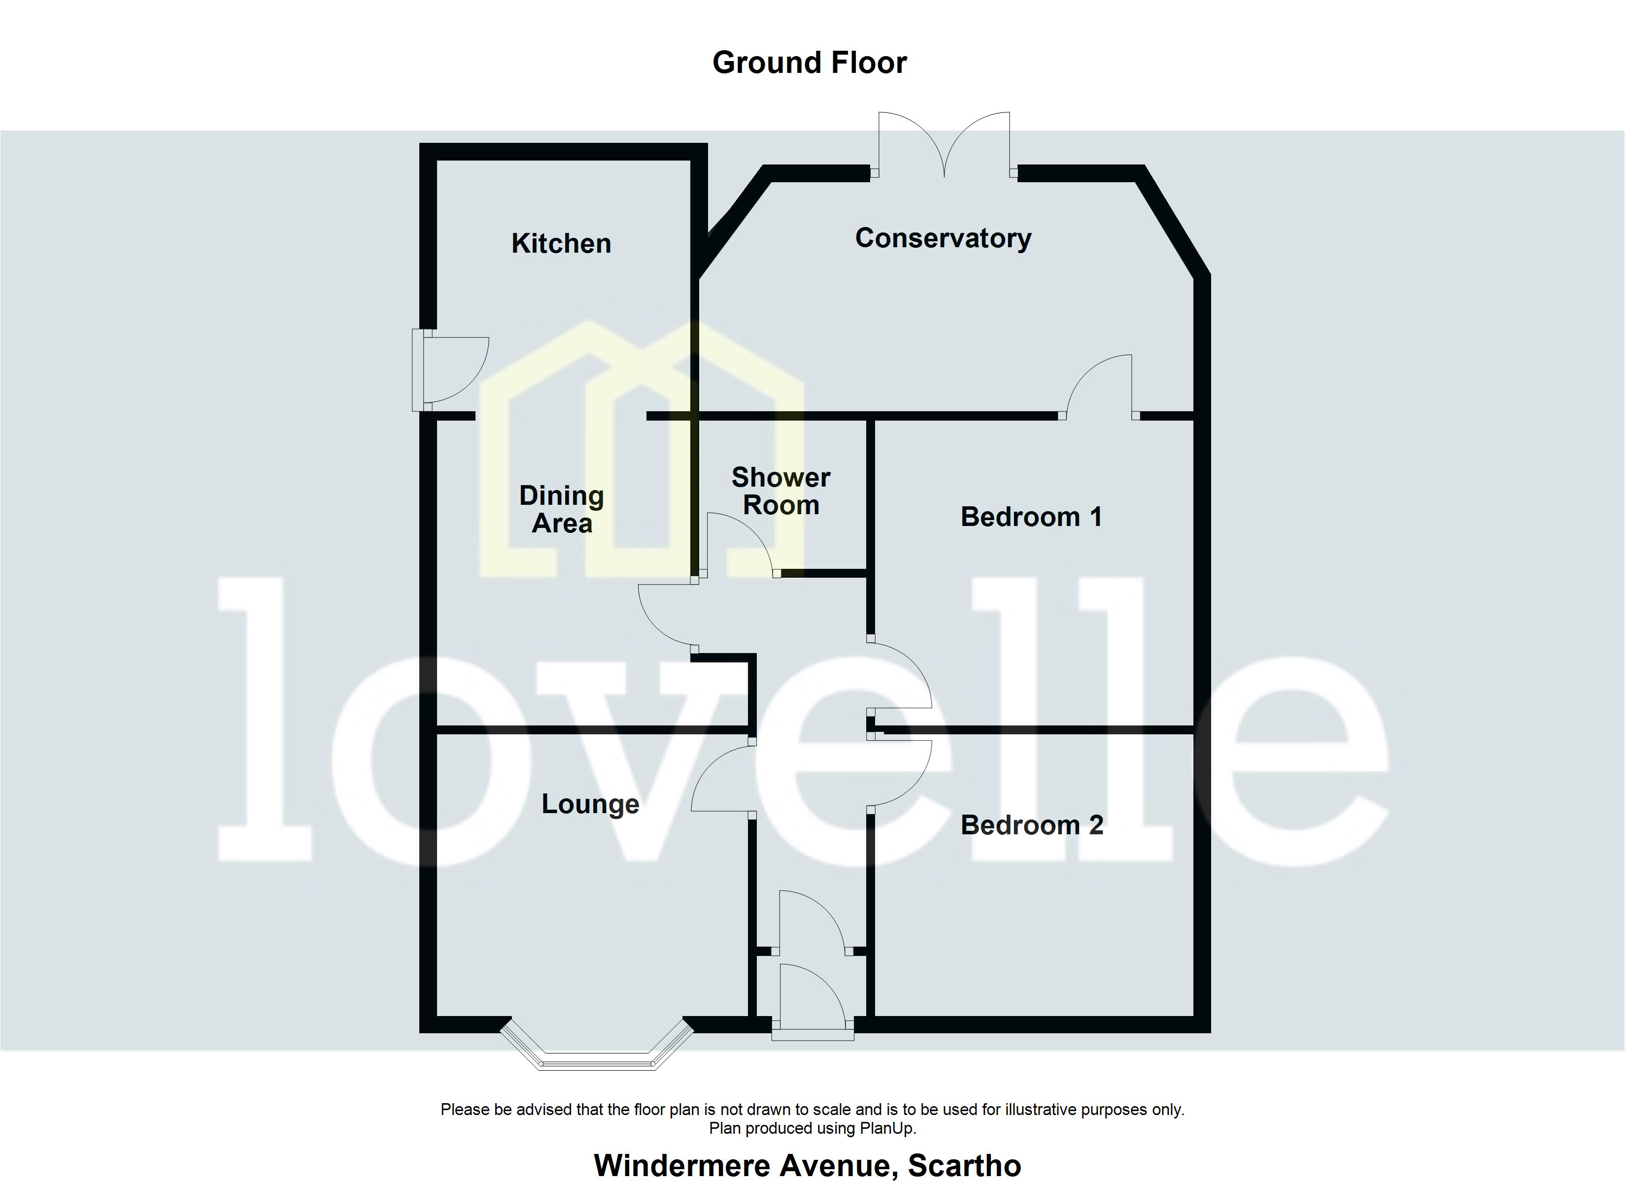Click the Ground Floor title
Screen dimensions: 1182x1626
click(x=810, y=63)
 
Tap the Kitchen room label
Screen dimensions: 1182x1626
click(x=561, y=244)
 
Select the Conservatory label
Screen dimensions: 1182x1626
click(x=943, y=238)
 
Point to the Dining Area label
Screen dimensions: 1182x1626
click(x=561, y=509)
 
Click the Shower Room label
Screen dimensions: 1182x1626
click(x=781, y=491)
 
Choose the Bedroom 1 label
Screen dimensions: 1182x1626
click(x=1031, y=517)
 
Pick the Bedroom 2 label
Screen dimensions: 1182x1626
click(x=1032, y=825)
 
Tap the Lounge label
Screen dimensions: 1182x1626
click(x=590, y=804)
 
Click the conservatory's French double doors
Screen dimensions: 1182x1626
click(x=944, y=147)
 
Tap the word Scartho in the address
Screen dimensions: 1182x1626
click(x=964, y=1166)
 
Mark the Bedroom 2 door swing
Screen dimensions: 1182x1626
click(x=900, y=774)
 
